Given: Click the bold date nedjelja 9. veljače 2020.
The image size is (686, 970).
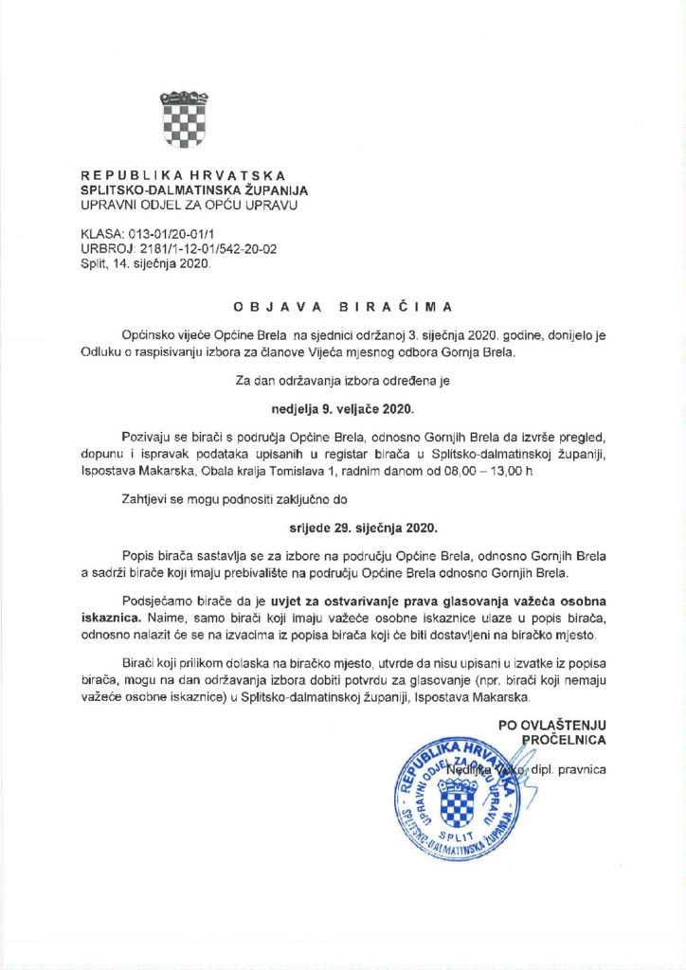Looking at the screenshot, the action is point(343,412).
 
